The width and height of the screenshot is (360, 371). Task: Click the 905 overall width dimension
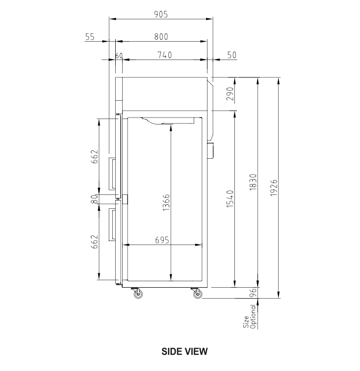point(160,14)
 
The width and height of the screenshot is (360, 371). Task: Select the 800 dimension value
point(160,36)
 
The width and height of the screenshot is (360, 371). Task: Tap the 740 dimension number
point(164,55)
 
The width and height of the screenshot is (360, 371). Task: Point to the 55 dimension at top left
point(90,36)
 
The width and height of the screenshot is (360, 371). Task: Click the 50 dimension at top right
point(231,55)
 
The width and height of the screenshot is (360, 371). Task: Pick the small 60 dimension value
point(119,55)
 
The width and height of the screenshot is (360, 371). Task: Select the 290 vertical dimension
point(230,94)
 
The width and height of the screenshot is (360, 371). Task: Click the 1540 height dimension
point(230,197)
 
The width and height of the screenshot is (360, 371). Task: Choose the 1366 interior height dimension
point(166,202)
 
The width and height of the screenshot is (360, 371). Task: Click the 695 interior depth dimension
point(162,240)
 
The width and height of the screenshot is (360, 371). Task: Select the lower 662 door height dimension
point(94,242)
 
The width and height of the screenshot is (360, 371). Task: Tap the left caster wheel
point(138,295)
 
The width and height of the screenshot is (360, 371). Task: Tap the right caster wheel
point(198,295)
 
